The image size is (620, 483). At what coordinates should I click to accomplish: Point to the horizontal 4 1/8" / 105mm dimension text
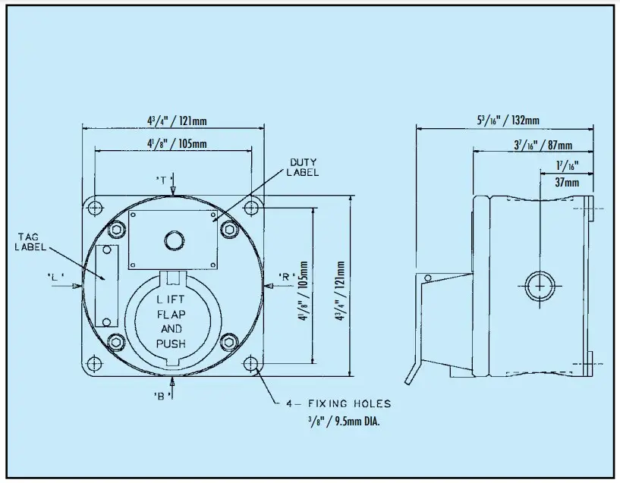coord(177,144)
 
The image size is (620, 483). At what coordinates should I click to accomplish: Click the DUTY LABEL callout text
coord(303,168)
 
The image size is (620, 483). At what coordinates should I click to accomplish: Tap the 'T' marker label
coord(162,179)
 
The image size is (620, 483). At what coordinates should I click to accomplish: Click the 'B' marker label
coord(161,395)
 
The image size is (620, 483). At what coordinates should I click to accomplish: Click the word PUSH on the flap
coord(171,343)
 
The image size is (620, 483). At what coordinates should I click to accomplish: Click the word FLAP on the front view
coord(171,313)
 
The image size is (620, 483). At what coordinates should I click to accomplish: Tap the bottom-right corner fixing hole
coord(251,366)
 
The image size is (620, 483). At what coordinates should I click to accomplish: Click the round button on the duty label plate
coord(174,241)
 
